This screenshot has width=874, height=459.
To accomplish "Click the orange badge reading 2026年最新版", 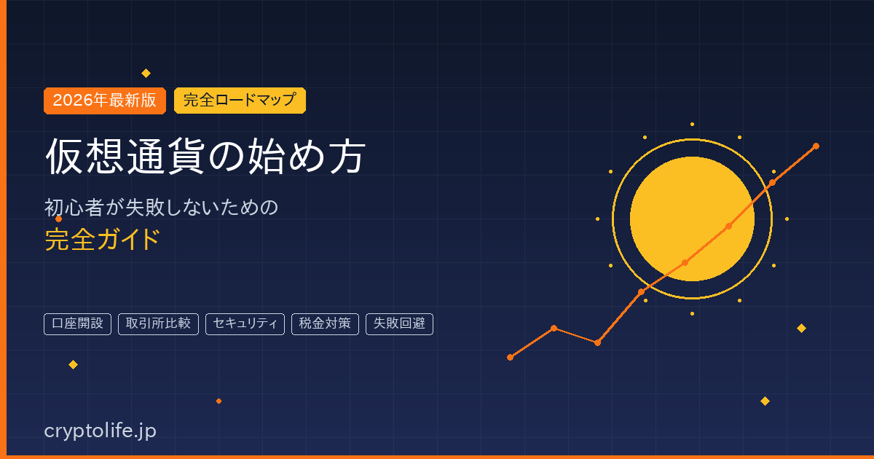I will click(105, 101).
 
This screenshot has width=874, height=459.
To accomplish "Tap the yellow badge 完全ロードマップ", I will click(240, 101).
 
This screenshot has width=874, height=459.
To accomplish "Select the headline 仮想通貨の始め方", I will click(205, 156).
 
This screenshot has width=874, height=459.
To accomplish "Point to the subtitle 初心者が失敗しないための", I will click(162, 208).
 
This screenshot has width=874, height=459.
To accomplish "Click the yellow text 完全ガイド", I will click(102, 239).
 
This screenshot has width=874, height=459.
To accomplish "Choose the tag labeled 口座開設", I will click(78, 323).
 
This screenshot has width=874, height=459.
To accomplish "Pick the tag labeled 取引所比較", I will click(158, 323).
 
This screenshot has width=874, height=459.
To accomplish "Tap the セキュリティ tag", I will click(245, 323).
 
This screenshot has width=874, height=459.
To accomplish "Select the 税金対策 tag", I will click(325, 323).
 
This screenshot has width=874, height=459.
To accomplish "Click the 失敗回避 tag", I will click(399, 323).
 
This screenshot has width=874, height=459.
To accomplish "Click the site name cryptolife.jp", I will click(101, 431).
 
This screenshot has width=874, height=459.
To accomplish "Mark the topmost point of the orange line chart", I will click(816, 146).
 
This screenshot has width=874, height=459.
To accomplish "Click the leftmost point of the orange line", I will click(510, 357).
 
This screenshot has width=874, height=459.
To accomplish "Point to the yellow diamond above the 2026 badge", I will click(146, 73).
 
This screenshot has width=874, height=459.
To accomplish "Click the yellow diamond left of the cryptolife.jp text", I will click(73, 364).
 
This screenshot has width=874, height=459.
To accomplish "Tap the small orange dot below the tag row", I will click(219, 401).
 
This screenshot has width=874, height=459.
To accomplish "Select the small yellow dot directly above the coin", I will click(692, 124).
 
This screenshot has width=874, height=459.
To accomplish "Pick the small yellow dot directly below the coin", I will click(692, 313).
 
